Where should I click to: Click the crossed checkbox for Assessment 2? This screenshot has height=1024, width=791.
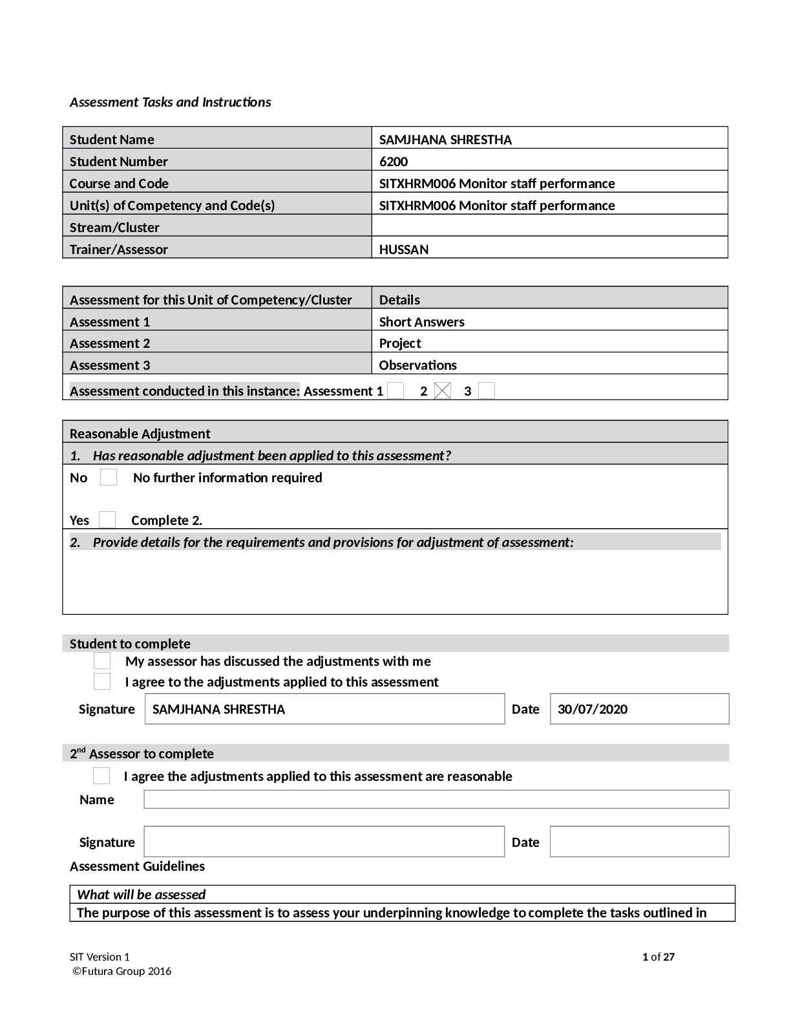coord(443,391)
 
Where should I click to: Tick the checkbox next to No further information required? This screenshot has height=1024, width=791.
coord(109,478)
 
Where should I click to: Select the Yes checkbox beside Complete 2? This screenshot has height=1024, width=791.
coord(107,520)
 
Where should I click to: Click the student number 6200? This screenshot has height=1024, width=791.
coord(394,162)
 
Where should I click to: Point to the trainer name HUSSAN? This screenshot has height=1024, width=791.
coord(404,250)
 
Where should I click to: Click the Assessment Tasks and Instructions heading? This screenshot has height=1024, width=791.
coord(171,102)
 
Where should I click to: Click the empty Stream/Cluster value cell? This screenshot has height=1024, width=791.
coord(549,227)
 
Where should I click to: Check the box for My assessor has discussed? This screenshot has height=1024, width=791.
coord(102,661)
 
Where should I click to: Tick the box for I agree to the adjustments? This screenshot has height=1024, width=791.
coord(102,681)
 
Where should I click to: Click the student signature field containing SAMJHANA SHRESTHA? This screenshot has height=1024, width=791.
coord(324,709)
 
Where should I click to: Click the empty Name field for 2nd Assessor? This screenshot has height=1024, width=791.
coord(436,800)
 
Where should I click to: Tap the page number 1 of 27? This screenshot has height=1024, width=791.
coord(659,957)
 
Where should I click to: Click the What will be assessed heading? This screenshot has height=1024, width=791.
coord(141,895)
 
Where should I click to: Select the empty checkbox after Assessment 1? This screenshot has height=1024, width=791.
coord(395,391)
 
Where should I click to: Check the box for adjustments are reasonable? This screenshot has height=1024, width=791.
coord(101,776)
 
